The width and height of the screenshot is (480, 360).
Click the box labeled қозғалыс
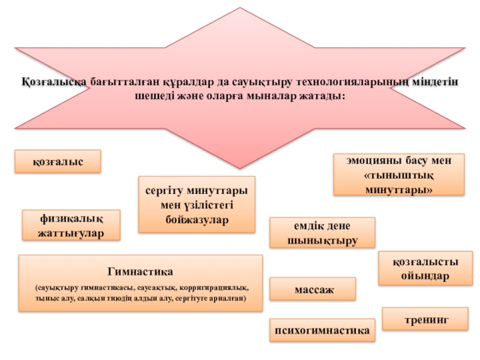point(58,162)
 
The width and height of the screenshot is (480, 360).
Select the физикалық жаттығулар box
point(71,225)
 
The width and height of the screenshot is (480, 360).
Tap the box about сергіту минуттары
point(197,204)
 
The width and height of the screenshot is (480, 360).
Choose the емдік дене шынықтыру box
point(322,233)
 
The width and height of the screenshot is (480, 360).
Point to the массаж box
point(313,289)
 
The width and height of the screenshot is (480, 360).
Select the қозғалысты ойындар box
point(421,269)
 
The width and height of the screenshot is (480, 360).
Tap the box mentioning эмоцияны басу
point(398,175)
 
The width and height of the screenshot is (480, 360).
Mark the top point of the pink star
point(239,8)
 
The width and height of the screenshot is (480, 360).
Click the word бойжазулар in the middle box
point(197,220)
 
